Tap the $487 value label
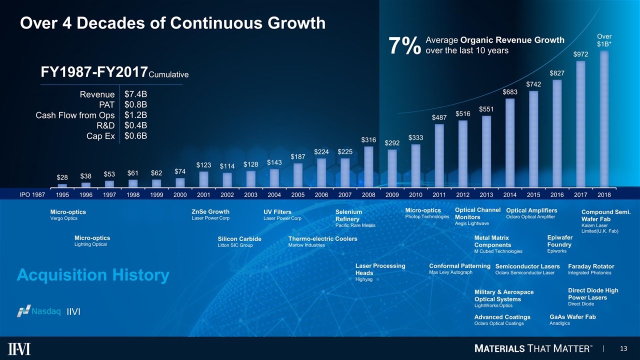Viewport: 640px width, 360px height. point(439,117)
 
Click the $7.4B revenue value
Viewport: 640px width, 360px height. point(135,93)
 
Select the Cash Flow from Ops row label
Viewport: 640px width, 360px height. point(75,115)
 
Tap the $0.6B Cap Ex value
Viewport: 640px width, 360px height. point(135,136)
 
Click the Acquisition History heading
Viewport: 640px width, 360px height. point(93,275)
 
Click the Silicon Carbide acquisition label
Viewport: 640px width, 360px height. point(239,239)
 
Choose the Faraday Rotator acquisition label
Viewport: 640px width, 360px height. point(591,266)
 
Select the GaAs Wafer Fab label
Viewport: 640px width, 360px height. point(572,316)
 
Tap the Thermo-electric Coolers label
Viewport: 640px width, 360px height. point(322,239)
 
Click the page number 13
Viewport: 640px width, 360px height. point(623,348)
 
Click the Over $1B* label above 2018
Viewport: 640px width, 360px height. point(604,40)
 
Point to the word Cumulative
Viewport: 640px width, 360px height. point(168,75)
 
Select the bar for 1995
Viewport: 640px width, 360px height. point(62,185)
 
